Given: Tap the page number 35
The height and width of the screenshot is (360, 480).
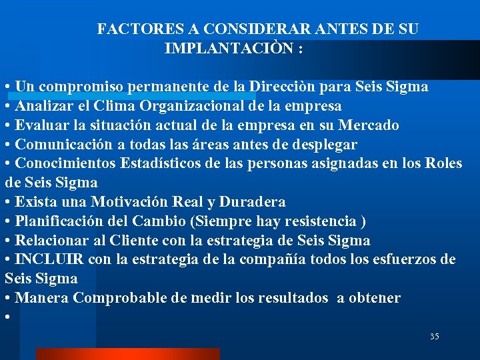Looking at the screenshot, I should tap(435, 337).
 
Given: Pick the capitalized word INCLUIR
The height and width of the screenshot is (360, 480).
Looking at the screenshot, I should tap(44, 259).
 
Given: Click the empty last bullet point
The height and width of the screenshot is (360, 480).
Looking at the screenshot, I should tap(7, 317).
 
